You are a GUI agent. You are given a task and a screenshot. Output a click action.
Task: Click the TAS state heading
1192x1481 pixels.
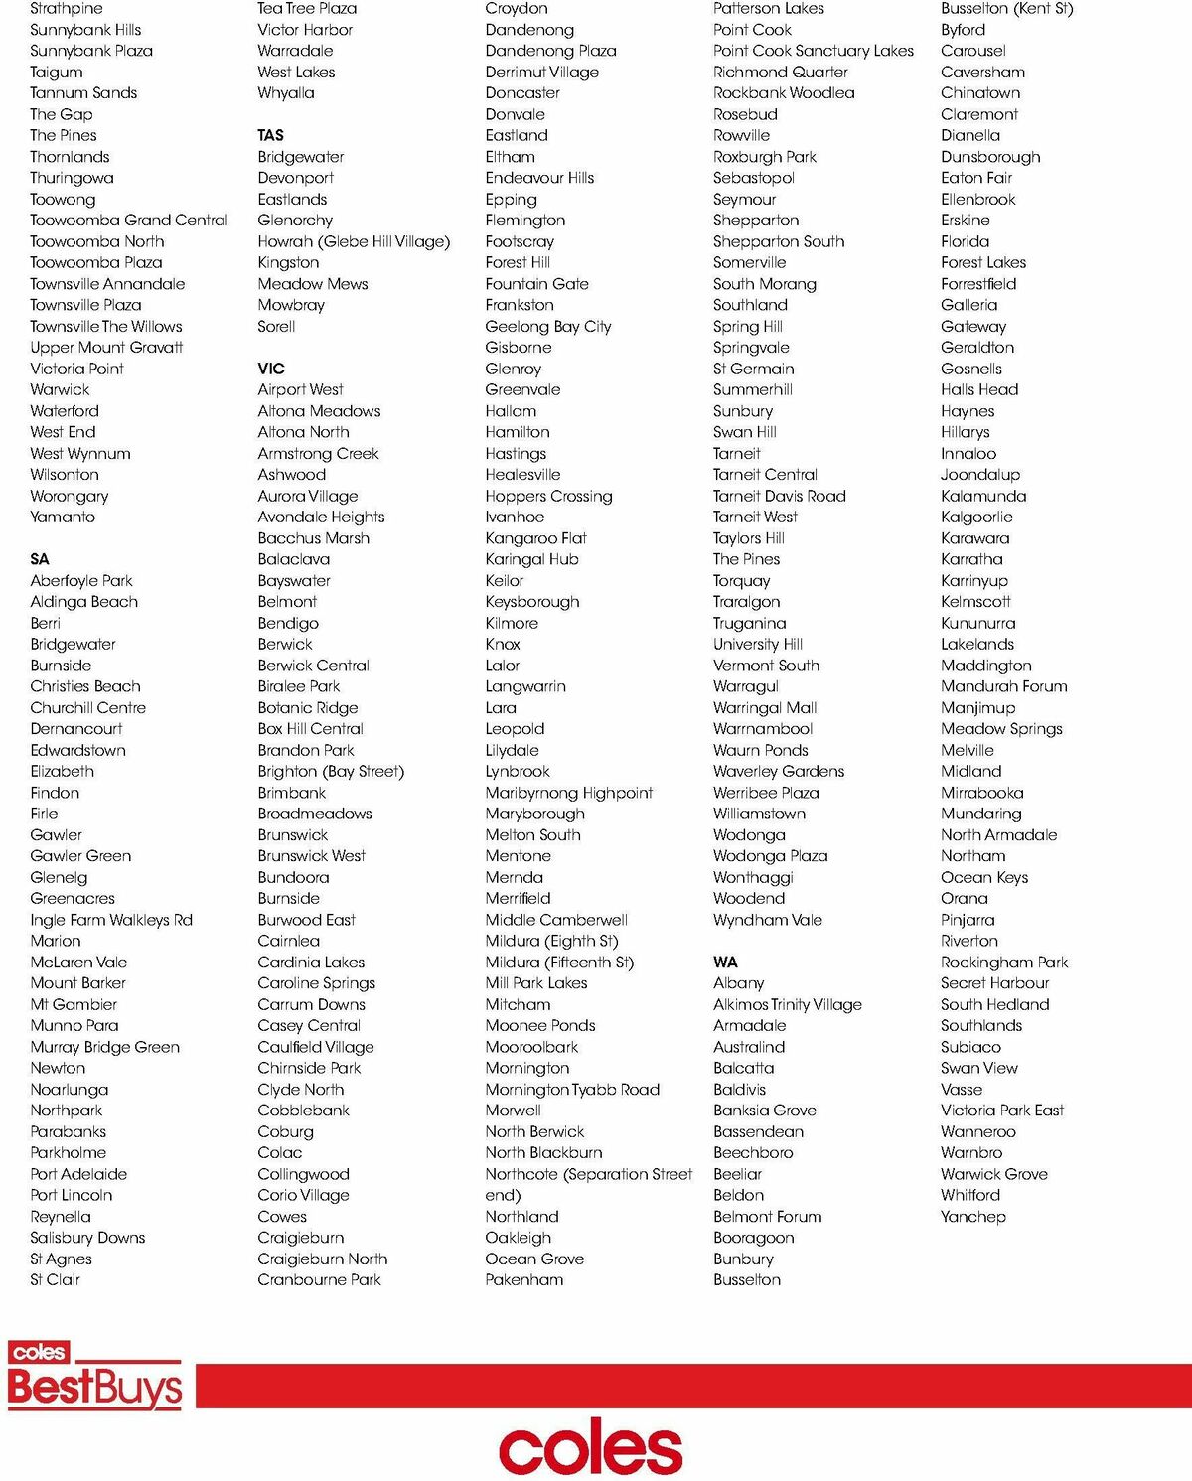[270, 135]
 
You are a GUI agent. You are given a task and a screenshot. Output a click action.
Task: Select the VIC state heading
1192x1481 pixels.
[271, 369]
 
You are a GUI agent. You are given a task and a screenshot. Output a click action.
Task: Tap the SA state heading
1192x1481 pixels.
[40, 559]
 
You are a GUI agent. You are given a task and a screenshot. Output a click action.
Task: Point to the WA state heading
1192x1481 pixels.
[725, 962]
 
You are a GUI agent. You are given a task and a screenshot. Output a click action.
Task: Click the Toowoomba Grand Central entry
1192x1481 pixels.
[129, 220]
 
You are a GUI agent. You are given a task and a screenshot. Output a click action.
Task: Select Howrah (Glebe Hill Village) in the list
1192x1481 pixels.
[354, 241]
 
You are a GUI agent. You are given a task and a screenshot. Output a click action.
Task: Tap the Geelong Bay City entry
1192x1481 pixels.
[548, 326]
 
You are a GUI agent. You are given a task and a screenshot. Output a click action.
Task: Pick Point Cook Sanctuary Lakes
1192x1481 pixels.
[814, 51]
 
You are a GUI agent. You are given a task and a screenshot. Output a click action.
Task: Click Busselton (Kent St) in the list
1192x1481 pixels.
[1006, 9]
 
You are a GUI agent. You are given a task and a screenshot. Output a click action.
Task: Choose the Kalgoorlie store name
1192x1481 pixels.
[976, 517]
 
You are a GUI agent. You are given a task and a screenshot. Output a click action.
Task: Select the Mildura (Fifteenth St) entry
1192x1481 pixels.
[559, 962]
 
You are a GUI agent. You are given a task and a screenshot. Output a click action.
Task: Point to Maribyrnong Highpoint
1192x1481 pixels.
[569, 793]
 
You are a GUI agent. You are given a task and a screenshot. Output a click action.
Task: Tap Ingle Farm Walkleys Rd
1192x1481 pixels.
[111, 920]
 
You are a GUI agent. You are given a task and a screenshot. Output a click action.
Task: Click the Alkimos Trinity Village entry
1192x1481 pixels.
[788, 1004]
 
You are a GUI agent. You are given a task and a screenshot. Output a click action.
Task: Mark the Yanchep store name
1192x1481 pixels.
[973, 1216]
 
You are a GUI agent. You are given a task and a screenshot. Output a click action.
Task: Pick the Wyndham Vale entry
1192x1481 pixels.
[768, 920]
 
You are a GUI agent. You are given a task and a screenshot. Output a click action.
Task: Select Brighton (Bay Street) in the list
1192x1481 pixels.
[331, 771]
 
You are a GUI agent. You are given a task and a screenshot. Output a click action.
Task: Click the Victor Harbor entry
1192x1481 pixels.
[305, 30]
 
